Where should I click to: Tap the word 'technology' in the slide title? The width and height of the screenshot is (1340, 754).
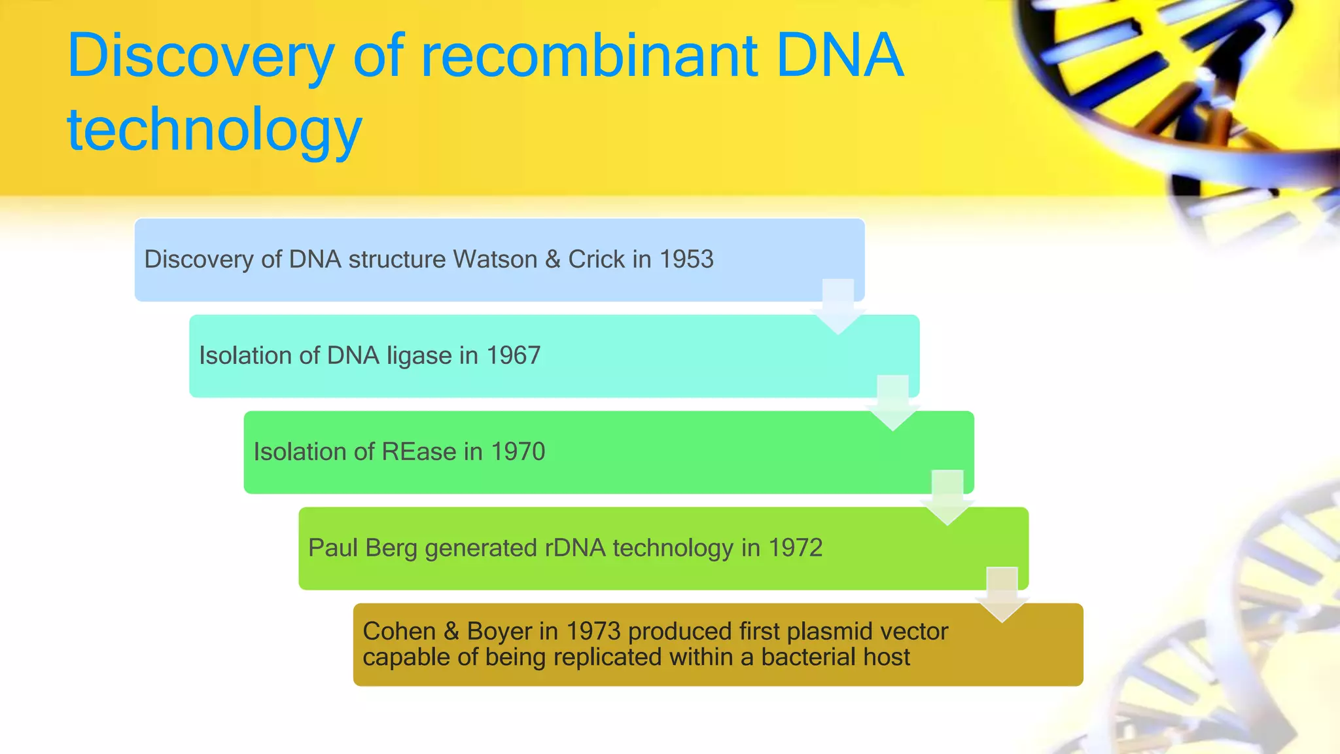215,130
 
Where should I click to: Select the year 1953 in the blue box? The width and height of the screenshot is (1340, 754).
686,259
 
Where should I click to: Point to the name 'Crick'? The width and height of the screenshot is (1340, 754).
596,259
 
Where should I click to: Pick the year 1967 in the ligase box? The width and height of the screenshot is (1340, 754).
514,355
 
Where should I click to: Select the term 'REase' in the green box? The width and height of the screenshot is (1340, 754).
419,452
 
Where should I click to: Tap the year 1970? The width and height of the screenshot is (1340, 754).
518,452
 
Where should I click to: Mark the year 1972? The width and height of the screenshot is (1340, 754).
796,548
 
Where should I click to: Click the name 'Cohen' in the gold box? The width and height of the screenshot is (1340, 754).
399,632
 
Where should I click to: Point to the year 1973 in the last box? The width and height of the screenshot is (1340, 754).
593,632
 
